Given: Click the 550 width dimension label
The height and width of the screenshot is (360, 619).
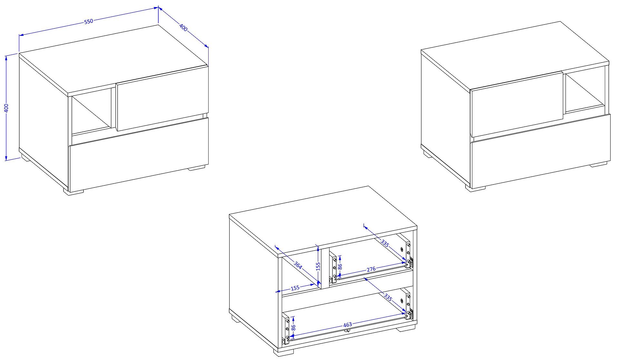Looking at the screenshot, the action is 89,21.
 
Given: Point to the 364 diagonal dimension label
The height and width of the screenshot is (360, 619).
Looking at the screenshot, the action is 298,265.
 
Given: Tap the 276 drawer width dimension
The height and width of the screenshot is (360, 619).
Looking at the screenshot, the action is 371,269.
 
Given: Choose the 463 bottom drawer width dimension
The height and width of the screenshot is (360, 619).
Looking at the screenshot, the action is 348,324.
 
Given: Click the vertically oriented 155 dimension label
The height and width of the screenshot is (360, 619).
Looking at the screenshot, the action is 318,266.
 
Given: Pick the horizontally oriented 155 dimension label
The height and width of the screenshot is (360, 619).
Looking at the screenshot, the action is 295,287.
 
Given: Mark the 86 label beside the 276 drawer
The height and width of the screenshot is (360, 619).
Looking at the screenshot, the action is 339,266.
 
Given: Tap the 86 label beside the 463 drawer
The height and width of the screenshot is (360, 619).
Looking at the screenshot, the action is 293,328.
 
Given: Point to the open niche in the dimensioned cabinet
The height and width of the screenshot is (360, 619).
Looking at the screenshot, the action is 92,111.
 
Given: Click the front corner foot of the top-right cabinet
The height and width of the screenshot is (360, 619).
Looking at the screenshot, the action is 476,189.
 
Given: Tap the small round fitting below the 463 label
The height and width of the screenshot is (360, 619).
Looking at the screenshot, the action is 347,330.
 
